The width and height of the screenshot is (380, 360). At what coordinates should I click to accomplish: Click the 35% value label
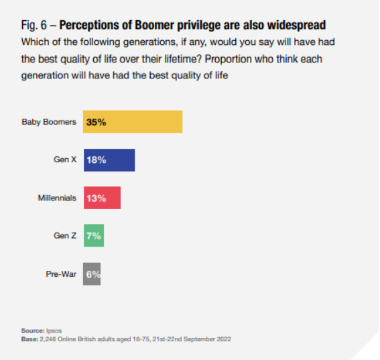[97, 122]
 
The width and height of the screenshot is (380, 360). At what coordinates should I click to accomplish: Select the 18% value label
[97, 160]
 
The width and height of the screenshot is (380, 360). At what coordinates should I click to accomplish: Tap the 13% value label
[97, 198]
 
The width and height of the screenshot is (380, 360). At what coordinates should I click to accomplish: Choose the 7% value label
[94, 236]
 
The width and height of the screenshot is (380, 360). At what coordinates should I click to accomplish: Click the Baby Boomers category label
[50, 122]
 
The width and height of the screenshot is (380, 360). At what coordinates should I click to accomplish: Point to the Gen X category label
[64, 160]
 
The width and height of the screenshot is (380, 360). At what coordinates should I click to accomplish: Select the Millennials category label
[57, 198]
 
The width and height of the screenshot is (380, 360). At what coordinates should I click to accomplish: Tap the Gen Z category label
[65, 236]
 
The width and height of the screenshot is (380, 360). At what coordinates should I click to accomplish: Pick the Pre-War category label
[62, 274]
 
